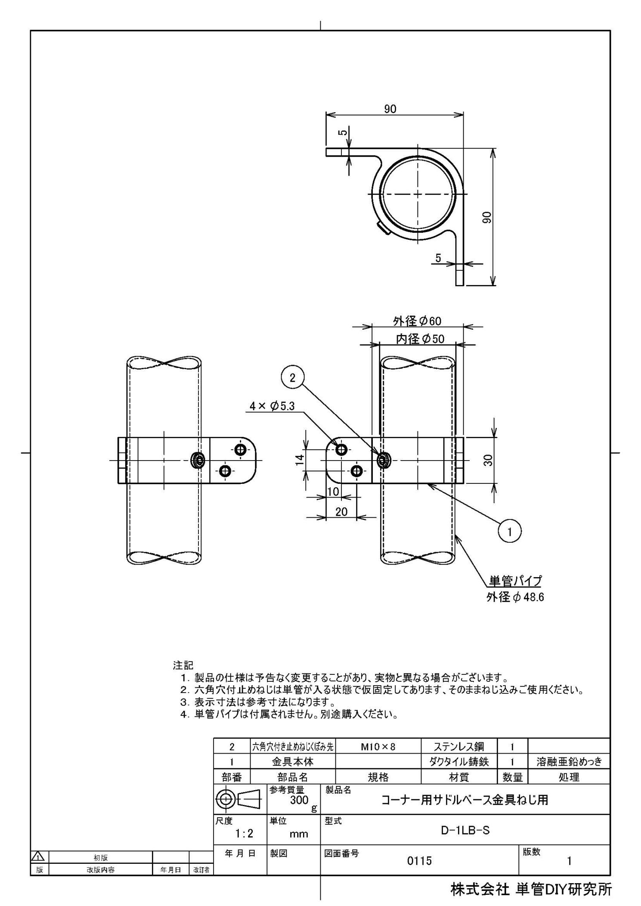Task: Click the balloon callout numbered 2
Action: pos(292,378)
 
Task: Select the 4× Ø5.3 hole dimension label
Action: pos(272,406)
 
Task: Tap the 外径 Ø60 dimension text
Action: pos(417,321)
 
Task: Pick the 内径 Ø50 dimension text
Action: pos(420,339)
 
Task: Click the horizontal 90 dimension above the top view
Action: pos(390,109)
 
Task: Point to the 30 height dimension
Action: pos(488,461)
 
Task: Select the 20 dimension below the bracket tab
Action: pos(341,511)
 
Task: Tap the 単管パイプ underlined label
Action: pos(514,581)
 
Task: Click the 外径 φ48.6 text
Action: pos(515,597)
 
